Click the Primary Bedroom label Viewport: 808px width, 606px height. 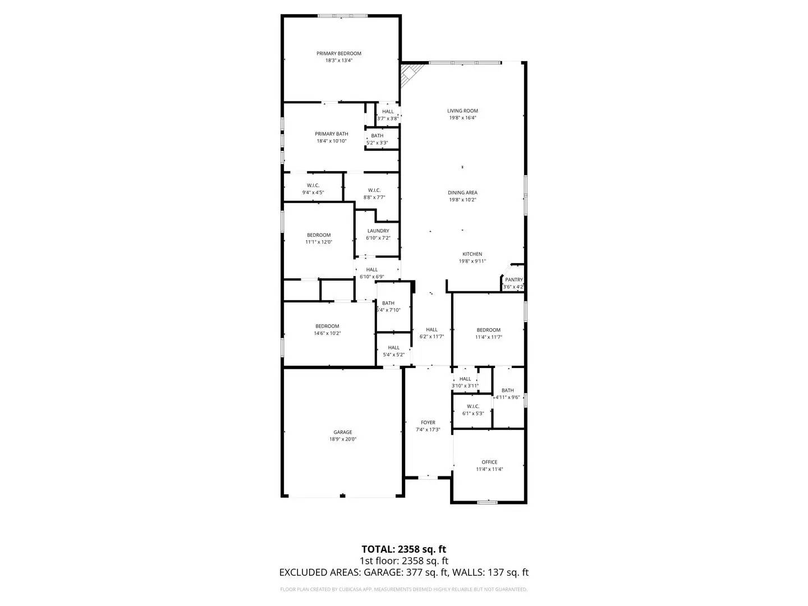point(338,53)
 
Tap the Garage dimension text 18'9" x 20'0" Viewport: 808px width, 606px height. point(343,439)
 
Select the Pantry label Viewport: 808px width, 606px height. point(513,279)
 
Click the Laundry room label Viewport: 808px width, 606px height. point(378,231)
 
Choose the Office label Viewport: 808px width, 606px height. point(489,462)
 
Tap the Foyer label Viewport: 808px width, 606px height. point(428,423)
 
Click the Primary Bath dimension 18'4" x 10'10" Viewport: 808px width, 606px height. point(331,141)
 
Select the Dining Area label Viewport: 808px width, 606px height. point(462,192)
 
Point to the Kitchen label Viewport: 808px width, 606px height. point(472,254)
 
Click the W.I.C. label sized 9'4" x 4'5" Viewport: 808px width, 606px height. point(313,185)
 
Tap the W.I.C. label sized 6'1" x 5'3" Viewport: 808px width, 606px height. point(472,406)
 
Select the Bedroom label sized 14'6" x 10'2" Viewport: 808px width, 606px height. point(327,326)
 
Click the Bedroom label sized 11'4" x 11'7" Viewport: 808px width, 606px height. point(488,330)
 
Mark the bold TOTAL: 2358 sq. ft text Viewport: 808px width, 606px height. point(403,549)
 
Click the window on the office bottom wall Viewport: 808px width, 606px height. point(487,502)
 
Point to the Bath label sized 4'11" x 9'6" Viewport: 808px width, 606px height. point(507,390)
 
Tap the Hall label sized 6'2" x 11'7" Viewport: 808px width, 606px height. point(431,329)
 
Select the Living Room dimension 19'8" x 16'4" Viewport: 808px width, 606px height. point(462,118)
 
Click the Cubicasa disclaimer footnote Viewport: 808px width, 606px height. point(403,589)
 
